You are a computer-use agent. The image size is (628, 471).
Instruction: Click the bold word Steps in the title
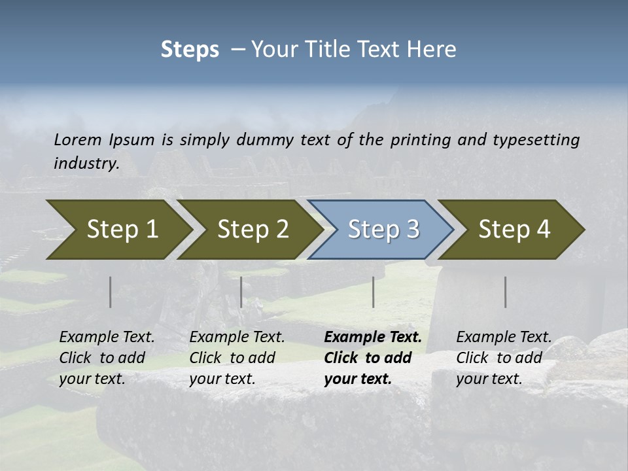190,50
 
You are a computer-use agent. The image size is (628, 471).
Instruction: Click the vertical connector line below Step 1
110,292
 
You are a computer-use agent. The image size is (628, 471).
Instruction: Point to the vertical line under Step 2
241,292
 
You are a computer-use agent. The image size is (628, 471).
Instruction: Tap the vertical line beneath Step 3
373,292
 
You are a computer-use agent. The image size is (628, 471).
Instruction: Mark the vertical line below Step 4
505,292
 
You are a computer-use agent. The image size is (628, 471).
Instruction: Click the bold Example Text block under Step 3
373,358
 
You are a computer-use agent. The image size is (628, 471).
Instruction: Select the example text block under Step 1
107,358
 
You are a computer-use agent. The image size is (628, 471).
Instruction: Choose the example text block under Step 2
237,358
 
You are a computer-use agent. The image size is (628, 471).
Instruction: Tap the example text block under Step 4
504,358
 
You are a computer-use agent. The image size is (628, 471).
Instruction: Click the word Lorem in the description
78,140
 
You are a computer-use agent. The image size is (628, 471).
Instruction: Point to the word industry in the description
86,164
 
